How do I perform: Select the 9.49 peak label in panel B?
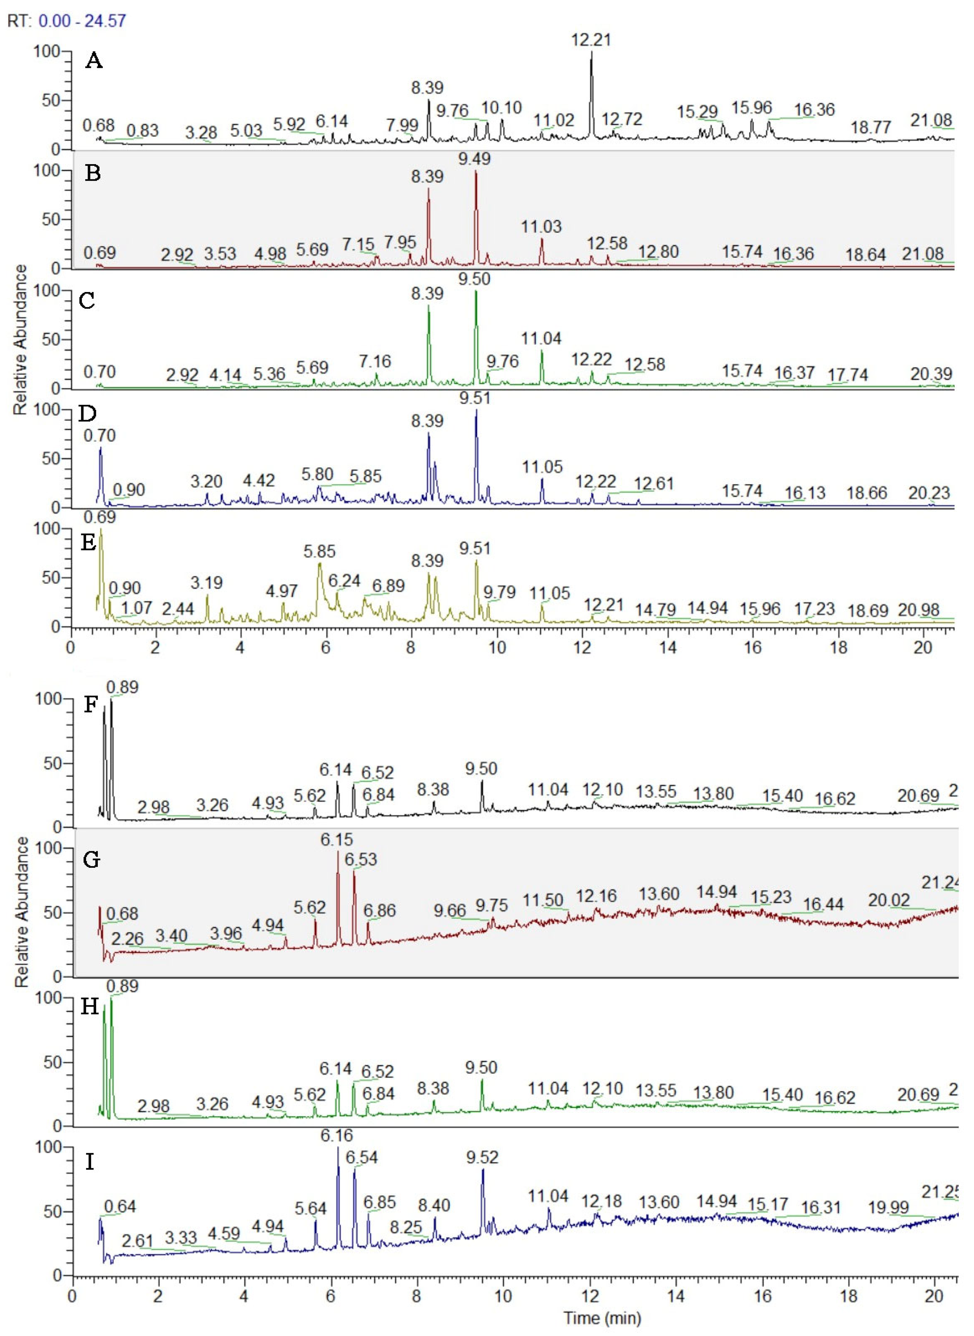tap(475, 159)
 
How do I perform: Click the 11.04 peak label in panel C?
tap(541, 339)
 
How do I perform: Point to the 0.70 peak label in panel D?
tap(99, 436)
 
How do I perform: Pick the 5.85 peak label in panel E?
tap(319, 551)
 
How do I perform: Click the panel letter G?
tap(92, 860)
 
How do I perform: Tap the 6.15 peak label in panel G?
tap(337, 839)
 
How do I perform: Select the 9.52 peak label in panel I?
tap(482, 1157)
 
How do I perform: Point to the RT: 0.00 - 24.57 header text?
tap(66, 21)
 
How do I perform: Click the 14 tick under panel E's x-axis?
tap(668, 648)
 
